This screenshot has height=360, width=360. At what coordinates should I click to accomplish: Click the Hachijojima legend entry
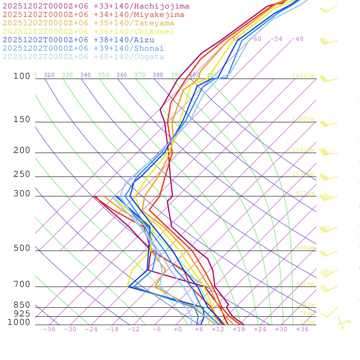(96, 6)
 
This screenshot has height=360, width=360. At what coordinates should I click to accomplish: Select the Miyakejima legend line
(93, 15)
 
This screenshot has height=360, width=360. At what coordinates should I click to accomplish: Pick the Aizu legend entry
(78, 40)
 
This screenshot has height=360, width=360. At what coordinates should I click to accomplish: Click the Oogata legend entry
(83, 57)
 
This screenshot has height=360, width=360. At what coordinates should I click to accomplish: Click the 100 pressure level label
(22, 76)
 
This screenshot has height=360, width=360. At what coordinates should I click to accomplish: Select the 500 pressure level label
(22, 248)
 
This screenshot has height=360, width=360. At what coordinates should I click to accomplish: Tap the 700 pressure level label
(22, 284)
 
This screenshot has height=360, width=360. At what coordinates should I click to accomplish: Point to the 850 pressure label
(22, 305)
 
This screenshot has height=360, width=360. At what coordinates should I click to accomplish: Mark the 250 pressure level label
(22, 174)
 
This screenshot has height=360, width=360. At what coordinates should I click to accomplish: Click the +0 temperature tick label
(178, 329)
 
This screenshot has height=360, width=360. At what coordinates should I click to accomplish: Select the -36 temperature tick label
(49, 329)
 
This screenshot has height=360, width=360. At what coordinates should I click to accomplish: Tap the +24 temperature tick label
(260, 329)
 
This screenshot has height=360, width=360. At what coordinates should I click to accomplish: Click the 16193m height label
(303, 76)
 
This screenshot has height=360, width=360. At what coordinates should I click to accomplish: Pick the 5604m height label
(305, 248)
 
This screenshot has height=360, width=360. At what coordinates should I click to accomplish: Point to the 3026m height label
(305, 284)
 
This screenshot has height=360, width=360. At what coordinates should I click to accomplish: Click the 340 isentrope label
(85, 75)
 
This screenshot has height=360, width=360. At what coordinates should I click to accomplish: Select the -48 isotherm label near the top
(297, 39)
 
